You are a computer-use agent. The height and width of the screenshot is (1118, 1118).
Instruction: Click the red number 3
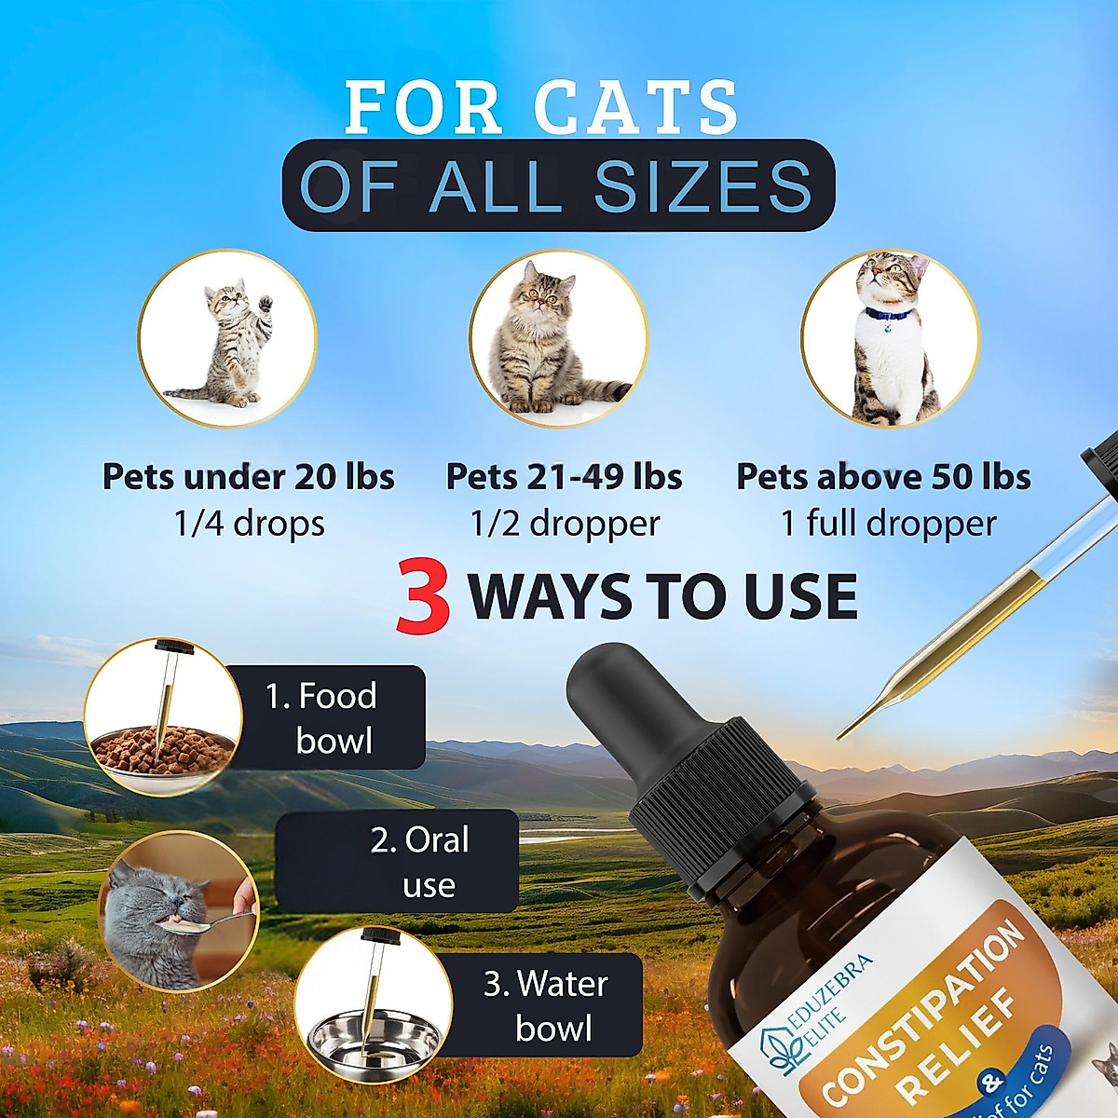click(423, 597)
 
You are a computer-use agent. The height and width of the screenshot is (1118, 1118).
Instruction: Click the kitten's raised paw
click(265, 304)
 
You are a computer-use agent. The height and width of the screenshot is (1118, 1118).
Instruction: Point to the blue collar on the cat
click(888, 315)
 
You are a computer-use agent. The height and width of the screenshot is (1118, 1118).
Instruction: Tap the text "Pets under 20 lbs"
click(249, 477)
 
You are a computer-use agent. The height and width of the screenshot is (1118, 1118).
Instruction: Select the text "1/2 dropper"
click(565, 524)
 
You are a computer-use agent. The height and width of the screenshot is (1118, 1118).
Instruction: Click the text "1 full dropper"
click(887, 524)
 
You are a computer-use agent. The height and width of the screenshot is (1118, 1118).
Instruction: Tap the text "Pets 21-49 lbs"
click(565, 477)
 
